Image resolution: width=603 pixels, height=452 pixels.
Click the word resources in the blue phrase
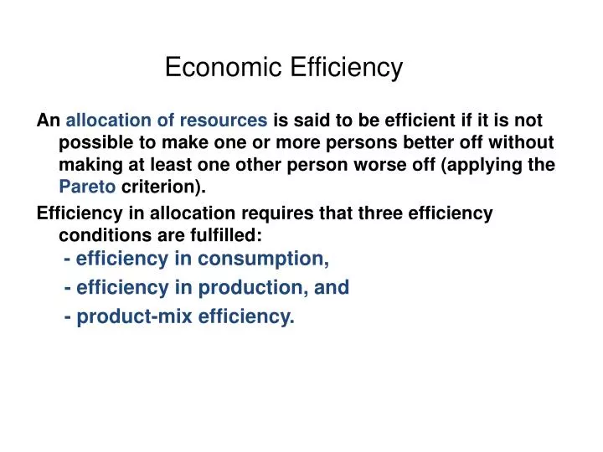coord(227,121)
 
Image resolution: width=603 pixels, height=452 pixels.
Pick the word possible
coord(95,142)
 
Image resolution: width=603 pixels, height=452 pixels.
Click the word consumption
coord(264,259)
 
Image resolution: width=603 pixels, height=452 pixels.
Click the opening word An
coord(48,121)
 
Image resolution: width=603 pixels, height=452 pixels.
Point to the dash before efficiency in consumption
coord(66,259)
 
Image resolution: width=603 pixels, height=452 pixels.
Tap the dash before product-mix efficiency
coord(66,318)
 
